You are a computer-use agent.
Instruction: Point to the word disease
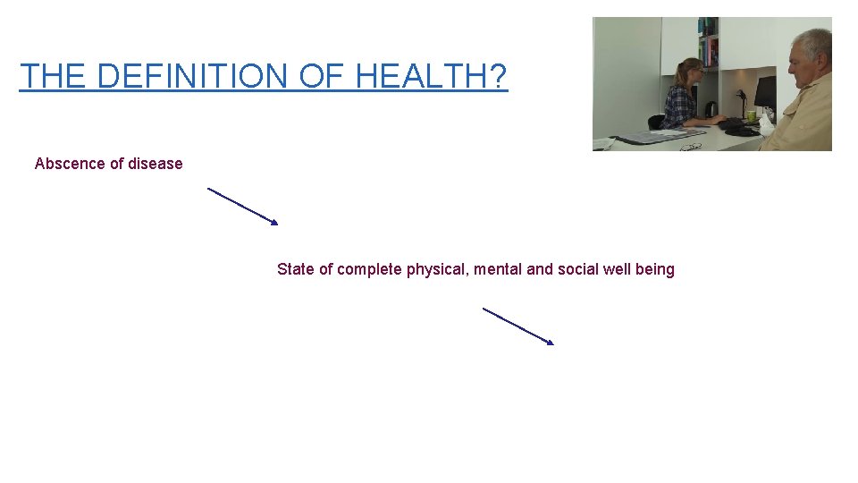[x=156, y=164]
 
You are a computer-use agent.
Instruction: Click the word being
[x=655, y=269]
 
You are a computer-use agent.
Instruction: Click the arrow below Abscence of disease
[x=243, y=206]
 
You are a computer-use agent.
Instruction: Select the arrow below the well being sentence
[x=518, y=326]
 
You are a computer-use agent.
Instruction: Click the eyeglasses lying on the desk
[x=691, y=146]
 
